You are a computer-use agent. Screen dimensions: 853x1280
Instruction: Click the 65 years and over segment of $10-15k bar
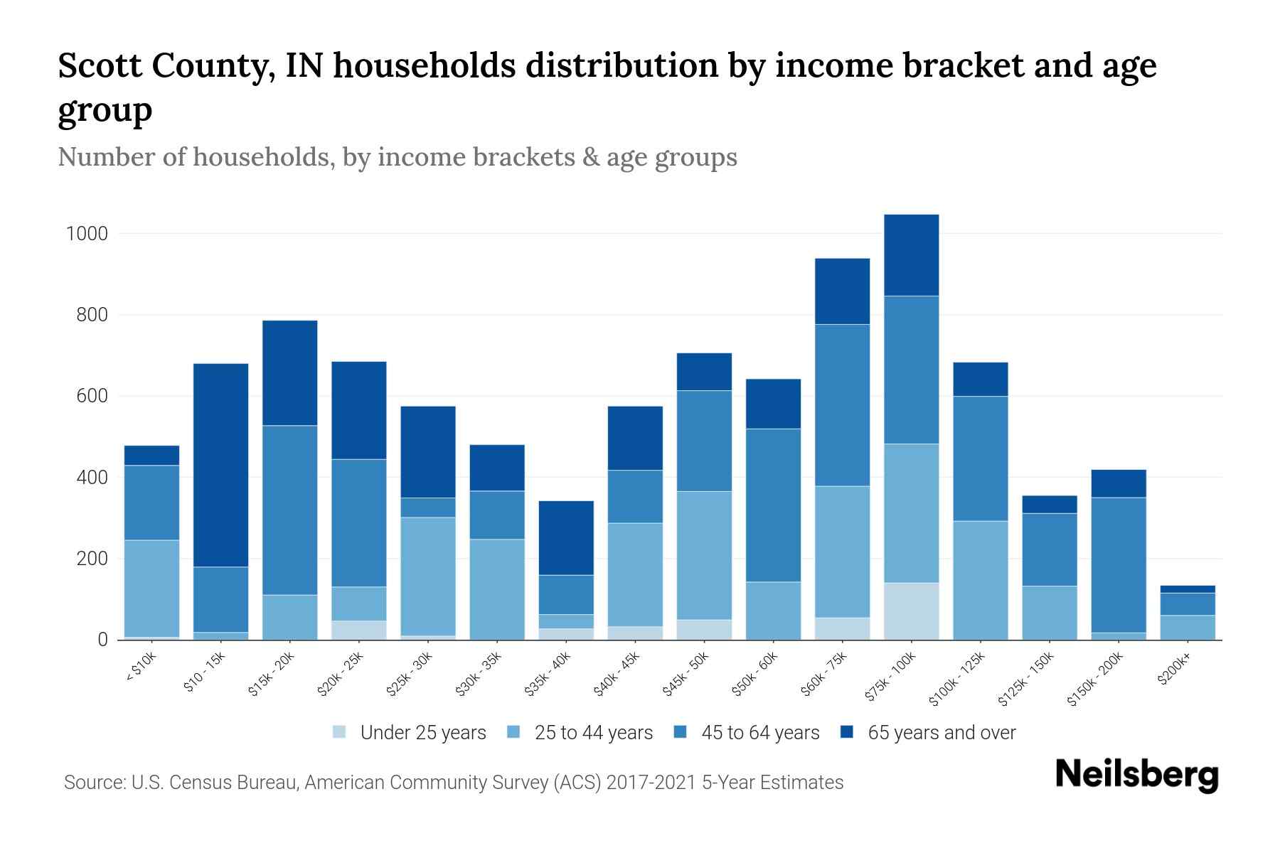click(220, 465)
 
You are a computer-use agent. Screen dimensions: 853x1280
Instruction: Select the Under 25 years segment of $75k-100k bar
click(911, 611)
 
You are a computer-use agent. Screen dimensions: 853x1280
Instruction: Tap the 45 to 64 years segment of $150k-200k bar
click(1118, 564)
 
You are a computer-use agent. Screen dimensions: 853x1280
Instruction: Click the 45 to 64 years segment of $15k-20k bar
click(289, 510)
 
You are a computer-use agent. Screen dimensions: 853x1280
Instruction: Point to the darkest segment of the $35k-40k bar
click(566, 537)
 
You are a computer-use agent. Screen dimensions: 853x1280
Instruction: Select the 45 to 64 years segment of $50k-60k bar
click(773, 505)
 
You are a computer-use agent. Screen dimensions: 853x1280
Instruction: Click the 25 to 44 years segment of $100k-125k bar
click(980, 580)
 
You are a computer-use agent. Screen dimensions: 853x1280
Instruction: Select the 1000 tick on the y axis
click(86, 234)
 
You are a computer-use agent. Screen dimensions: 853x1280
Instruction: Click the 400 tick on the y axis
click(92, 478)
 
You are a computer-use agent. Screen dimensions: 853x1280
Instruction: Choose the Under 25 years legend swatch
click(340, 732)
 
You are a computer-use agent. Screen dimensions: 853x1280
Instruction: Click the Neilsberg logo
click(1136, 774)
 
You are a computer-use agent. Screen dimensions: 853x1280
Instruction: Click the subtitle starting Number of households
click(397, 157)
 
